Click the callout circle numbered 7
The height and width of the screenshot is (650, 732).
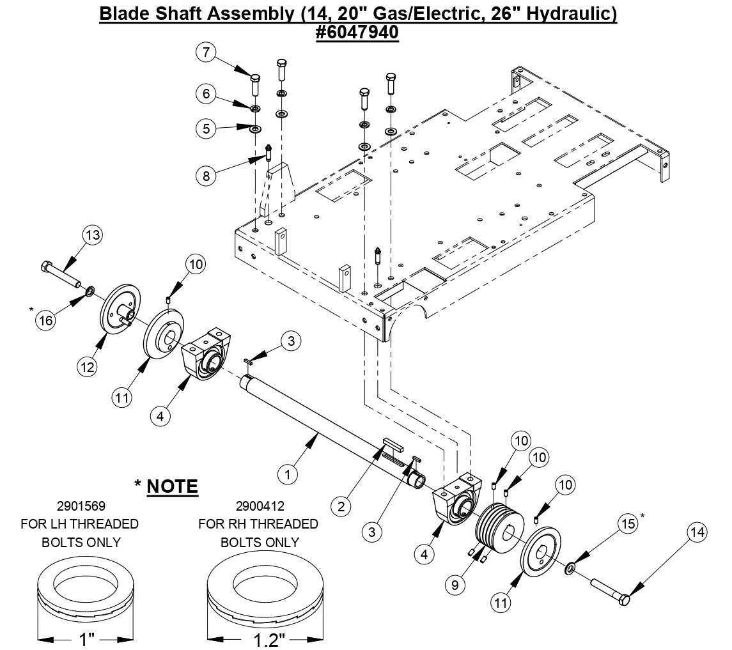click(206, 52)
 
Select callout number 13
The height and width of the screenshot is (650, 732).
click(93, 236)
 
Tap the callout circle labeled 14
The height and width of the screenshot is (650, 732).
click(698, 532)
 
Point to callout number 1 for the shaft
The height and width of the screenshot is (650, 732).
click(288, 474)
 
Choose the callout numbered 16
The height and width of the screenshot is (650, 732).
click(45, 320)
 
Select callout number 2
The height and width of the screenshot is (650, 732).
click(341, 507)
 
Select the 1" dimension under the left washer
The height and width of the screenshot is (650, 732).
click(86, 638)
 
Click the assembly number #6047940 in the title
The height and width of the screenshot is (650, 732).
click(357, 32)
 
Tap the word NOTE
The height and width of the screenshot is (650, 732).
click(172, 486)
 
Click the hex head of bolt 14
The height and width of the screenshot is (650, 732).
click(624, 600)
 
